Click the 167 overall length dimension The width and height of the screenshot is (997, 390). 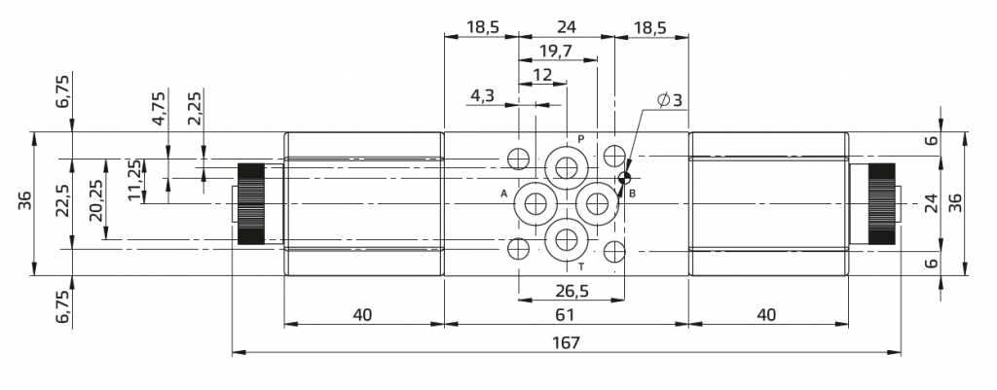pyautogui.click(x=566, y=343)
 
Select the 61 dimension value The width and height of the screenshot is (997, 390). pyautogui.click(x=565, y=315)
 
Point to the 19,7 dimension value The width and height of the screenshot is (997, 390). pyautogui.click(x=556, y=52)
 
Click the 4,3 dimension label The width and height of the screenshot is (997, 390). pyautogui.click(x=482, y=96)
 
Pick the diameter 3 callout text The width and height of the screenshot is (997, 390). pyautogui.click(x=670, y=100)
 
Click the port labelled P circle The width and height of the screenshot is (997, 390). pyautogui.click(x=566, y=167)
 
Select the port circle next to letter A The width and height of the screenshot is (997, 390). pyautogui.click(x=535, y=203)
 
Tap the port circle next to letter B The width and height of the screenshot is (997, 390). pyautogui.click(x=597, y=203)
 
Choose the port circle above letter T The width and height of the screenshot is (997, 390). pyautogui.click(x=566, y=239)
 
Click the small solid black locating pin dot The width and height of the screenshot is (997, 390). pyautogui.click(x=624, y=178)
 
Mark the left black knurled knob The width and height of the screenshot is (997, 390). pyautogui.click(x=250, y=203)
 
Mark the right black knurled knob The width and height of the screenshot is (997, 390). pyautogui.click(x=882, y=203)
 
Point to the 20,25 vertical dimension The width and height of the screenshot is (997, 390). pyautogui.click(x=96, y=199)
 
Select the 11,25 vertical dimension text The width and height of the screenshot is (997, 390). pyautogui.click(x=134, y=180)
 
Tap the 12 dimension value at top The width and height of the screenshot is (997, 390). pyautogui.click(x=542, y=75)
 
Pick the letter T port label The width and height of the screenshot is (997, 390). pyautogui.click(x=580, y=267)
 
